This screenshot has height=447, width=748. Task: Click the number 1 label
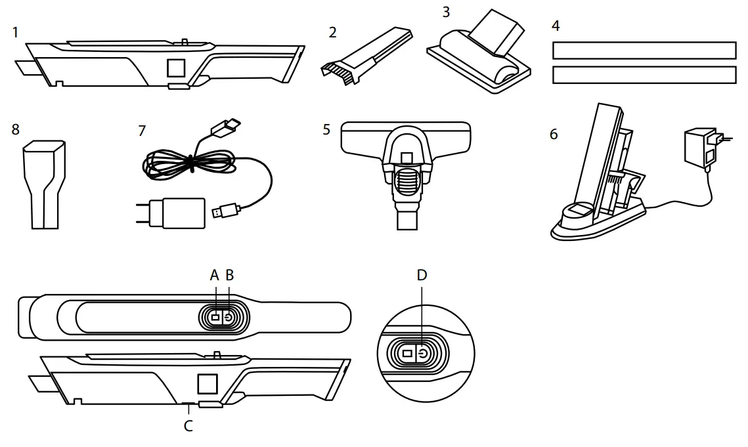coord(16,32)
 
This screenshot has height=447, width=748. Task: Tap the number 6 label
coord(554,134)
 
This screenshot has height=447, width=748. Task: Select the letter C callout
coord(188,425)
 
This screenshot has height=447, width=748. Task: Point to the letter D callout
coord(422,275)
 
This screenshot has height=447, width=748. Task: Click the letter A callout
coord(214,276)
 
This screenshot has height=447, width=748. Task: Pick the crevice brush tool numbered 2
coord(365,54)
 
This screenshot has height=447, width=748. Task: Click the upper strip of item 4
coord(644,51)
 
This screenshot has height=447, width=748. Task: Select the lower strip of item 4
coord(644,75)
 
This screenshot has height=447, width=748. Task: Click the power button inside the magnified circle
coord(424,354)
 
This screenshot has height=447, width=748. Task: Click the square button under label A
coord(215,317)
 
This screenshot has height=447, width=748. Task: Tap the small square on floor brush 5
coord(405,158)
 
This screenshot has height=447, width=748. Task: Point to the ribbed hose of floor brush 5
coord(405,181)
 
